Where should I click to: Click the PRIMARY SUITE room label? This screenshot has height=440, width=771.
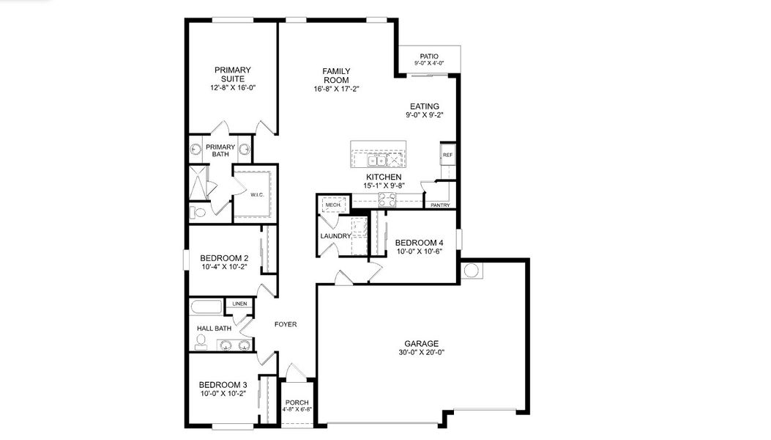coord(231,74)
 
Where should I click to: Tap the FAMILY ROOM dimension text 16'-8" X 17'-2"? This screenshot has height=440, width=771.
coord(336,89)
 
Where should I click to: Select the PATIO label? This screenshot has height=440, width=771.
coord(428,56)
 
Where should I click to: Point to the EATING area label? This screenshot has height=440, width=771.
coord(424,106)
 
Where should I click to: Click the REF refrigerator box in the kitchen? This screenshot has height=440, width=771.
coord(447,155)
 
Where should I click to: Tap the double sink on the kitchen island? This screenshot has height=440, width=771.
coord(377,160)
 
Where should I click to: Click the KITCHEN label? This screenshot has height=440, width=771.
coord(384,177)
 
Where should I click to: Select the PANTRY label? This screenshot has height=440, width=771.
coord(440,205)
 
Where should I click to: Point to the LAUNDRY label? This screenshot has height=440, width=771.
coord(335,236)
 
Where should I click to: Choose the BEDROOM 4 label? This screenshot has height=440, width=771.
coord(419,243)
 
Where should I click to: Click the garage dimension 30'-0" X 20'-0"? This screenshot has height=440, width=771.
coord(421,352)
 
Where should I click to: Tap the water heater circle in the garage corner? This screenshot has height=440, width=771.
coord(472,271)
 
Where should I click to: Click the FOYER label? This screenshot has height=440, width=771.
coord(285,324)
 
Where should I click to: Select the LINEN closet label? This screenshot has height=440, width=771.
coord(239,304)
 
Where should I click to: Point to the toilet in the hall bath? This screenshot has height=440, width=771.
coord(200,341)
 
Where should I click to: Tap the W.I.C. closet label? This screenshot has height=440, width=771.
coord(256,195)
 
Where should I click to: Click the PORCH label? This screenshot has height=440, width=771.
coord(297,402)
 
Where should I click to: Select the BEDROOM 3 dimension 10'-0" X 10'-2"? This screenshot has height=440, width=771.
coord(223,393)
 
